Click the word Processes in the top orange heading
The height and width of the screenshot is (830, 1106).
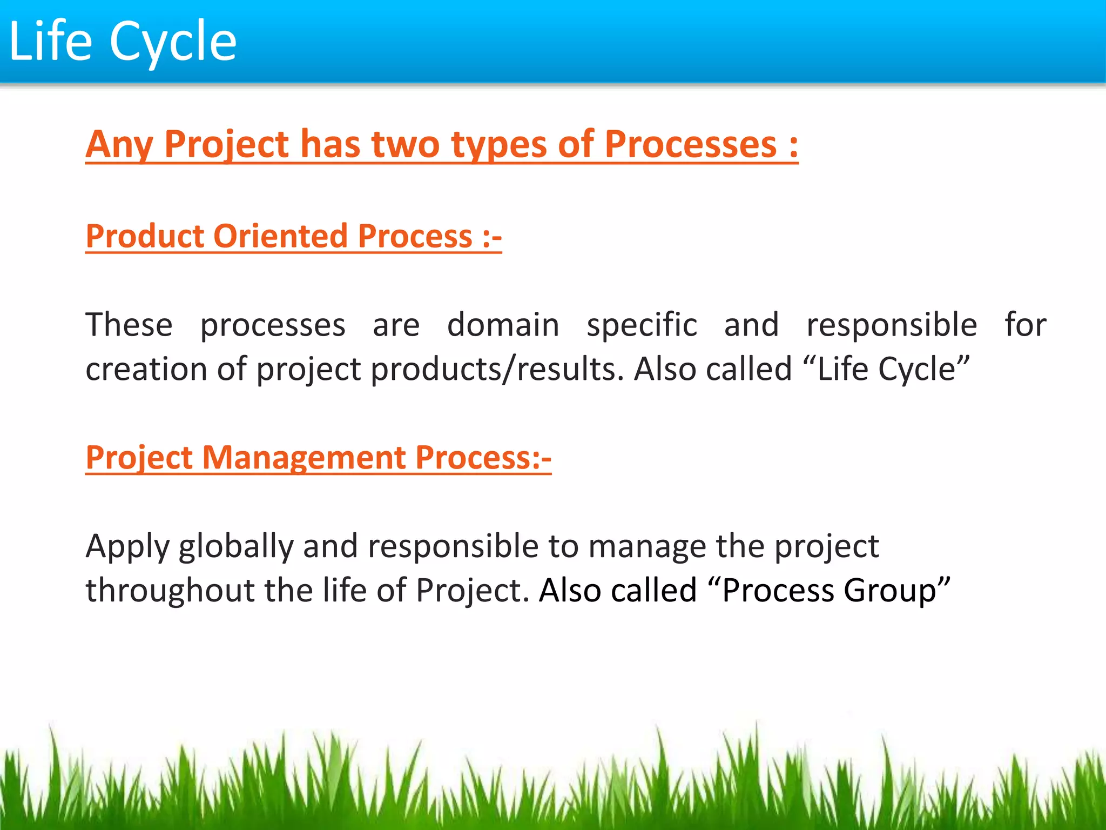690,144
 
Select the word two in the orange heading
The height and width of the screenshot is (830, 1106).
406,144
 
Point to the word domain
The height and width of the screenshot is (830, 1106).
503,325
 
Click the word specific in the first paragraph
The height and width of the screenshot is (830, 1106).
642,326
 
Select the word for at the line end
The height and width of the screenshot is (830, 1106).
1025,325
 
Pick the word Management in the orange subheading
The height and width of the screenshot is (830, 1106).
304,458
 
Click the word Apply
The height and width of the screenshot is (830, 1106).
128,547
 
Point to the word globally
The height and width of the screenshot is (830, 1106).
235,547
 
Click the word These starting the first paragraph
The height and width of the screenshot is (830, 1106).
129,325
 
